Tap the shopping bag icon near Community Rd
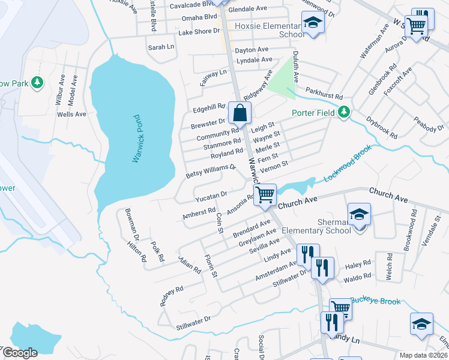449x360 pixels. [240, 112]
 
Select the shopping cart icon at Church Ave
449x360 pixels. [265, 194]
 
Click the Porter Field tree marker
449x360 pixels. [344, 112]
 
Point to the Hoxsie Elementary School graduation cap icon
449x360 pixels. [312, 24]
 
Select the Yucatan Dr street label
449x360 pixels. [211, 195]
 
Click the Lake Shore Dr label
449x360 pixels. [199, 31]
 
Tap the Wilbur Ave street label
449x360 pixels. [61, 89]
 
